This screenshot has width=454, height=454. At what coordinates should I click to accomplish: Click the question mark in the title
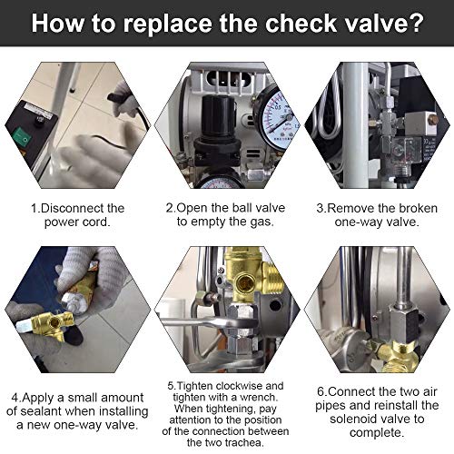[x=413, y=23]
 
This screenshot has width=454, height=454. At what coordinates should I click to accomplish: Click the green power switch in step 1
[x=22, y=137]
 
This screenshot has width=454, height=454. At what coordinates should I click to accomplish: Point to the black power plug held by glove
[x=116, y=97]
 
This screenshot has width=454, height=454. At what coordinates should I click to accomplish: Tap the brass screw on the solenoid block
[x=433, y=120]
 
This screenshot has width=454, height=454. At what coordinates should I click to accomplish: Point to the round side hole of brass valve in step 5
[x=246, y=283]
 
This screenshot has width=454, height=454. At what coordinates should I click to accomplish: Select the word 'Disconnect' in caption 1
[x=68, y=208]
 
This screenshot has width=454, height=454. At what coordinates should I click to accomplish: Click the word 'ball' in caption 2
[x=242, y=208]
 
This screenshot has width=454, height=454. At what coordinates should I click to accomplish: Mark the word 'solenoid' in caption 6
[x=352, y=419]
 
